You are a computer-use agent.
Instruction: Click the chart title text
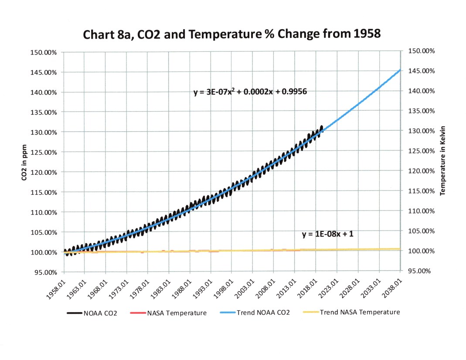pos(232,35)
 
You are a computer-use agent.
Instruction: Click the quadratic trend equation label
pos(252,92)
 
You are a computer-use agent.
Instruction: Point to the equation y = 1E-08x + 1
pos(327,234)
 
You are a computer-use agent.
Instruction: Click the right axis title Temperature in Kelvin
pos(442,161)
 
